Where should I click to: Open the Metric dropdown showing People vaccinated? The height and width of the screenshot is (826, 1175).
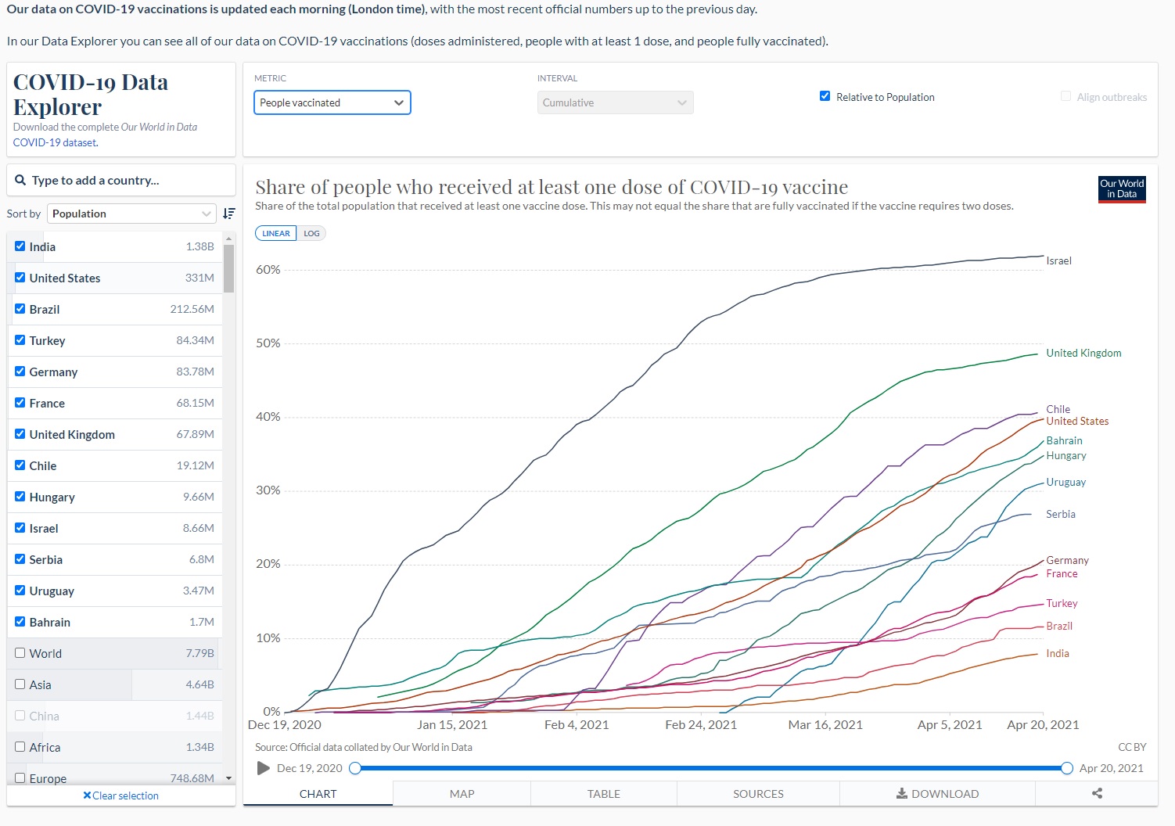pyautogui.click(x=332, y=102)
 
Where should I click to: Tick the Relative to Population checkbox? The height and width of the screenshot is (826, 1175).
pyautogui.click(x=825, y=96)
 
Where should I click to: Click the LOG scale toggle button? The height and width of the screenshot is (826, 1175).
pyautogui.click(x=311, y=233)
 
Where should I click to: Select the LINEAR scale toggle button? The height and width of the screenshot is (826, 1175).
pyautogui.click(x=275, y=233)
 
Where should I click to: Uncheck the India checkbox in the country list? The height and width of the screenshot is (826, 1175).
pyautogui.click(x=20, y=246)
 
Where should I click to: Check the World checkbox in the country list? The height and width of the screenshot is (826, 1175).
pyautogui.click(x=20, y=653)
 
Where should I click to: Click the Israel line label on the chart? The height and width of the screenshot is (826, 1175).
pyautogui.click(x=1058, y=261)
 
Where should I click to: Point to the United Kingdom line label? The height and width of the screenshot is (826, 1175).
pyautogui.click(x=1083, y=354)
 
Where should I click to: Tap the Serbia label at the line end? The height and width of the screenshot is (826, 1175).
pyautogui.click(x=1060, y=515)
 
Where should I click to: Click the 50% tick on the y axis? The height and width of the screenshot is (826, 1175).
pyautogui.click(x=268, y=343)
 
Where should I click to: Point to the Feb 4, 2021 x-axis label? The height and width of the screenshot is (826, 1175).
pyautogui.click(x=576, y=725)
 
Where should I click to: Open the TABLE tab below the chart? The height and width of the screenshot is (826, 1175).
pyautogui.click(x=603, y=794)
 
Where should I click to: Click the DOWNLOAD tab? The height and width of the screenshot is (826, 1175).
pyautogui.click(x=937, y=794)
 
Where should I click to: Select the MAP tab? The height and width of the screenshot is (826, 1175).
pyautogui.click(x=462, y=794)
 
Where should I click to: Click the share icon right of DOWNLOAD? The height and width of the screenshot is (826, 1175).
pyautogui.click(x=1097, y=794)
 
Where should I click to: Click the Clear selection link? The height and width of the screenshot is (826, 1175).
pyautogui.click(x=121, y=795)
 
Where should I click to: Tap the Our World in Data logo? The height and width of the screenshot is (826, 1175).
pyautogui.click(x=1122, y=189)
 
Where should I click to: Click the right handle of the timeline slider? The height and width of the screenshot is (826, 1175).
pyautogui.click(x=1066, y=768)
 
